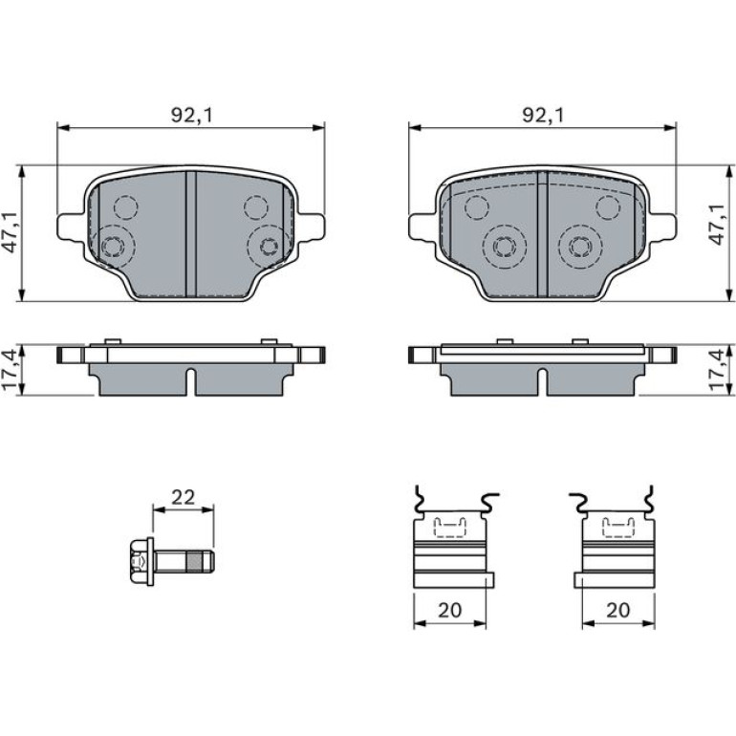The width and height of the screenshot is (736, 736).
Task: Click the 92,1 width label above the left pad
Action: (191, 115)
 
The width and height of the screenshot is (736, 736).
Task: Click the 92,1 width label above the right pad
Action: (543, 115)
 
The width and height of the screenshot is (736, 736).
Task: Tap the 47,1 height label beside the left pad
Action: (11, 232)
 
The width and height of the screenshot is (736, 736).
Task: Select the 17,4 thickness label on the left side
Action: (11, 369)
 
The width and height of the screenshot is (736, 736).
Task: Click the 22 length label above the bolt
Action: (184, 498)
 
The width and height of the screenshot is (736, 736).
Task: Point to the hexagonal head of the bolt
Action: (139, 561)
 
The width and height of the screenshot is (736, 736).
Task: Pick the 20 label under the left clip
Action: (449, 610)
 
